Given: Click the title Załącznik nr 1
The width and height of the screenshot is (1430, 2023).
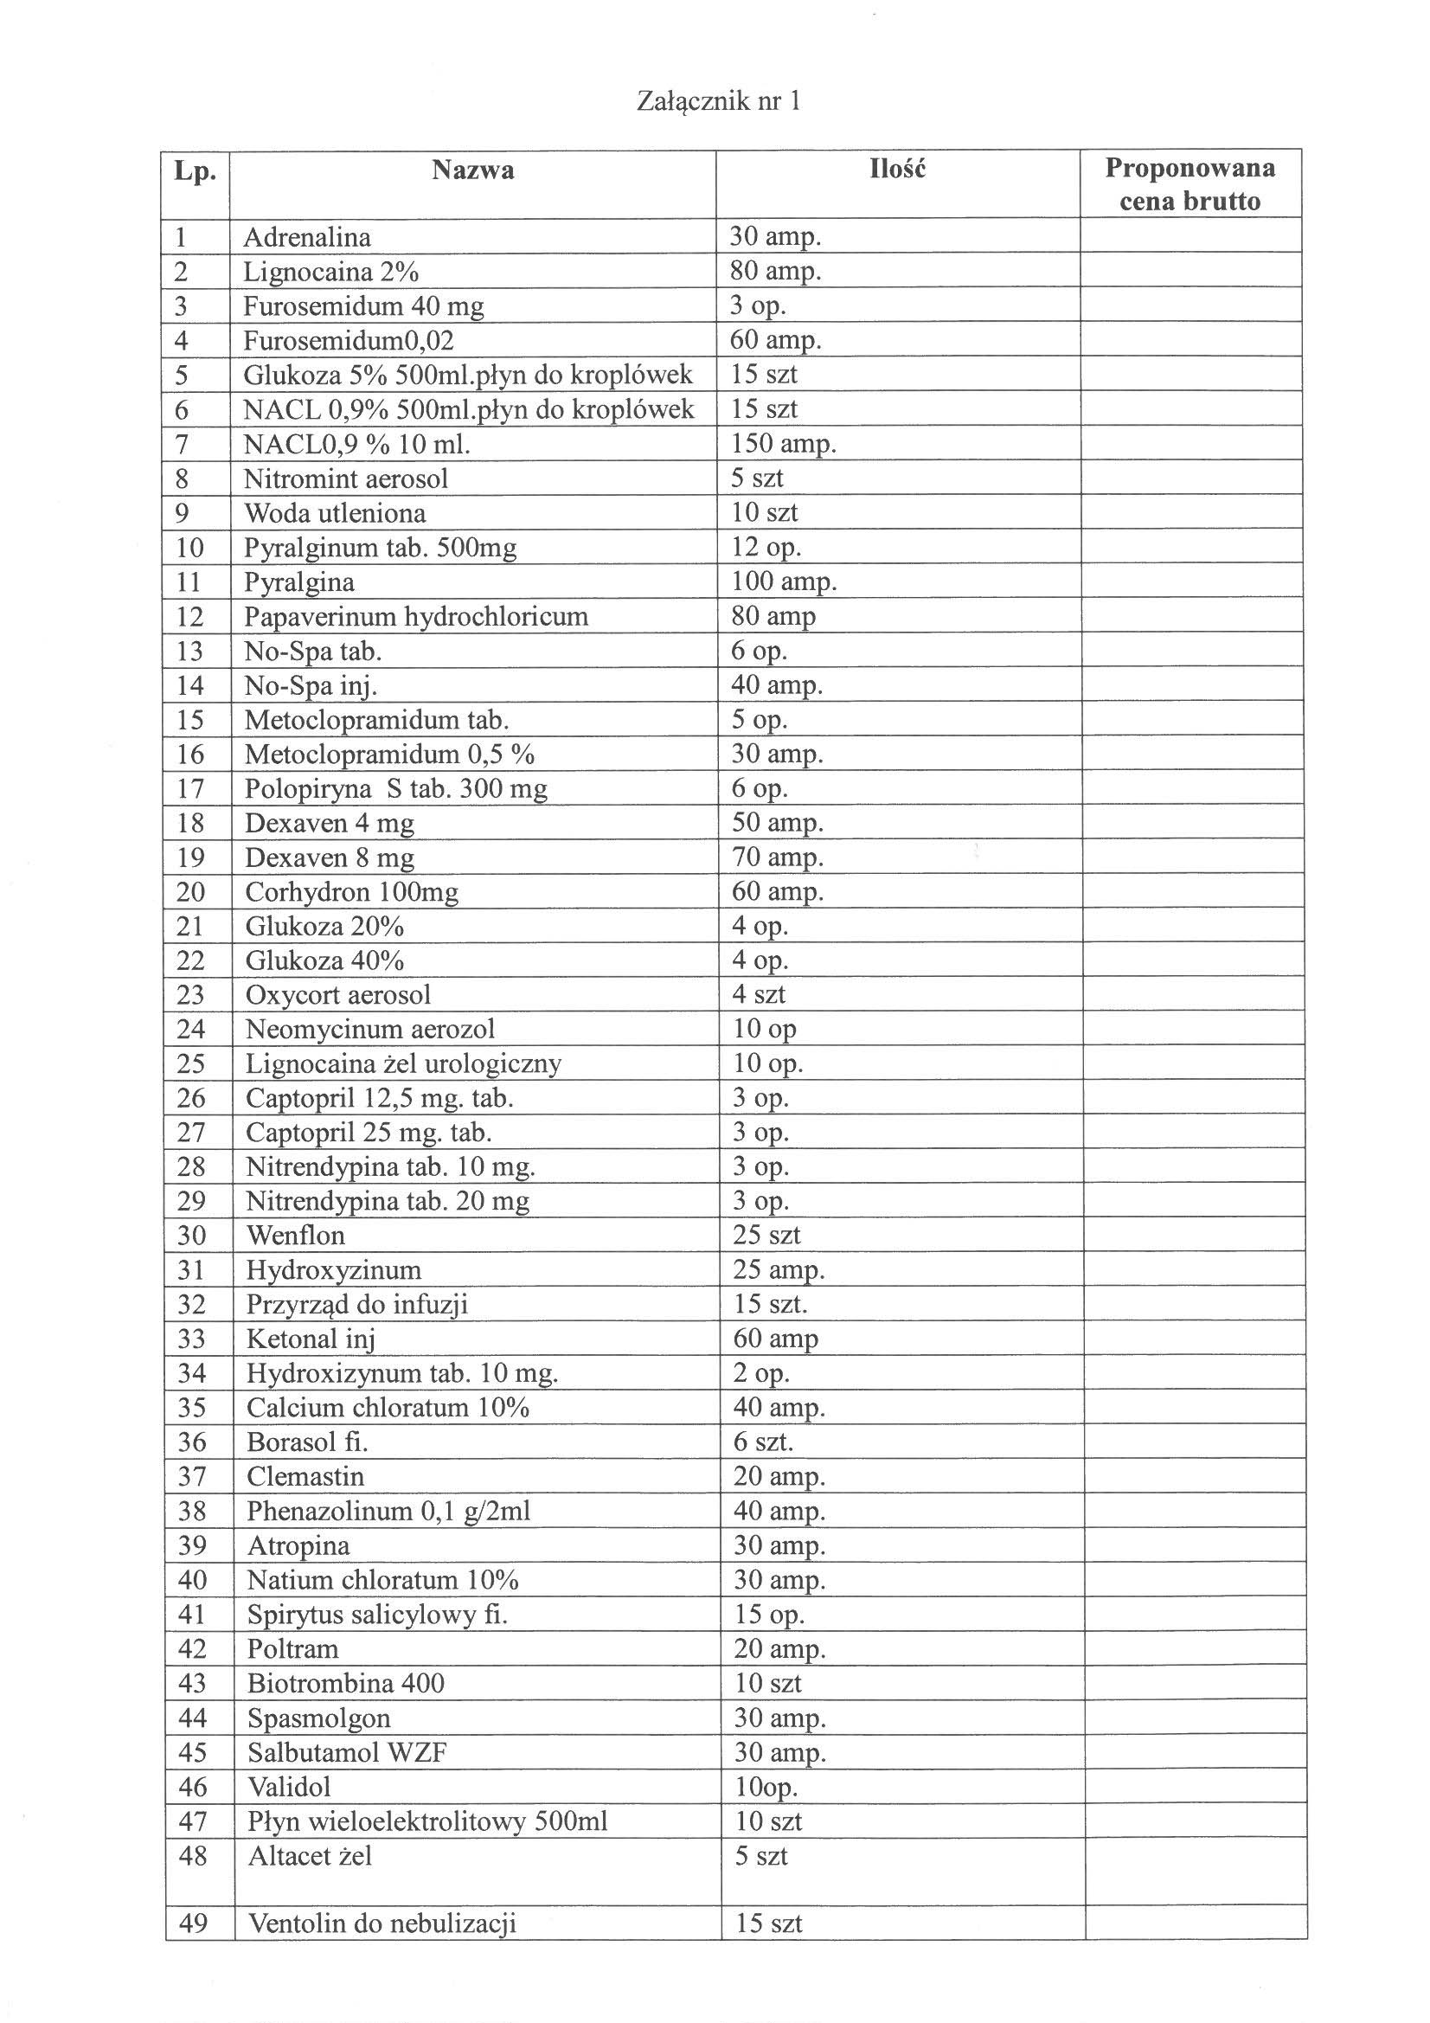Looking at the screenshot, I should tap(718, 102).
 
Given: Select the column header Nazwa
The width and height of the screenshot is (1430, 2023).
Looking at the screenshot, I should tap(472, 170).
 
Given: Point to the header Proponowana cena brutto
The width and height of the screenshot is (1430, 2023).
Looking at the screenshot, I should tap(1190, 184).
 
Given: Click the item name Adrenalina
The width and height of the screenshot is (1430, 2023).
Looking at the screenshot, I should tap(306, 237).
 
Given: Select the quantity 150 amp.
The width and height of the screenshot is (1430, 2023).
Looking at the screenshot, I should tap(783, 443).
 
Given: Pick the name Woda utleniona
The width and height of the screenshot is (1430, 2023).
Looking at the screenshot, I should tap(335, 513).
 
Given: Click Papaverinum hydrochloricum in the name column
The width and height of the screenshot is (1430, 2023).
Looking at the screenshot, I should tap(416, 616).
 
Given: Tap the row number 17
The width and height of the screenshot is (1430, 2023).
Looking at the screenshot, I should tap(190, 787).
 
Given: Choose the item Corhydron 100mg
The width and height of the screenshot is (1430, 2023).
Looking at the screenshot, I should tap(351, 892).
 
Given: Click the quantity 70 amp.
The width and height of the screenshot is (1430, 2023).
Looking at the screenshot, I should tap(777, 857).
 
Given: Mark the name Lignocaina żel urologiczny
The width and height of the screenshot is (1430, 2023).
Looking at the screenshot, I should tap(402, 1063).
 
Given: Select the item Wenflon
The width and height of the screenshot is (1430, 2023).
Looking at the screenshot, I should tap(295, 1236).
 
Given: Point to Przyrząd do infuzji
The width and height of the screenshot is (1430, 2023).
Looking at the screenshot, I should tap(356, 1304).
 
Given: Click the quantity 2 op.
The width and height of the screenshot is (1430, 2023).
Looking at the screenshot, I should tap(760, 1372).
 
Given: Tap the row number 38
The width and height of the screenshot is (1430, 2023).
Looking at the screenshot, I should tap(192, 1511).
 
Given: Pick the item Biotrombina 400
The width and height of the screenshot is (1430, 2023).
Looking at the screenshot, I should tap(345, 1683).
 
